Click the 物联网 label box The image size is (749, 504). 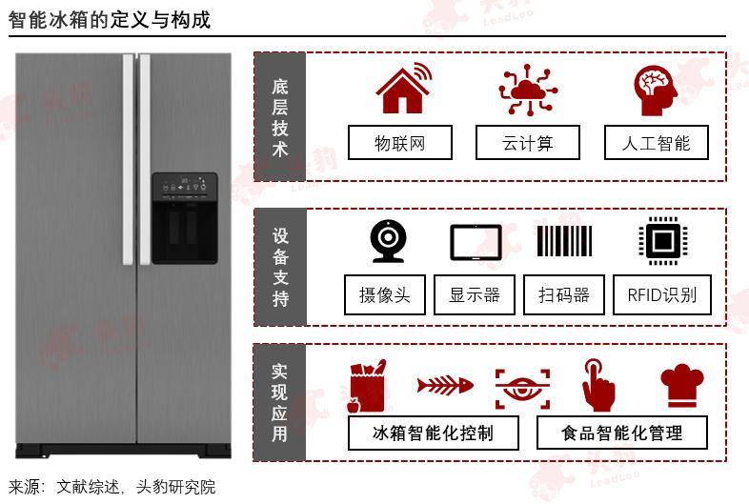coord(399,143)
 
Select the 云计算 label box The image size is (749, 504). coord(528,143)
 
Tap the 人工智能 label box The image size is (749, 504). coord(657,143)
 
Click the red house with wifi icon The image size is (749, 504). coord(401,89)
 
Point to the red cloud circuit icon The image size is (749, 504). coord(528,90)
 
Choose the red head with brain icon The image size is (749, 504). coord(656,90)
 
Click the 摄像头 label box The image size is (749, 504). coord(385,294)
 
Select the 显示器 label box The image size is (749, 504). coord(475,294)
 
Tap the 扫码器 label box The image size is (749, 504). coord(564,294)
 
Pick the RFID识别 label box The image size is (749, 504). coord(662,294)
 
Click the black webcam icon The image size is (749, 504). coord(388,241)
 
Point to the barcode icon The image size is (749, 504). coord(565,241)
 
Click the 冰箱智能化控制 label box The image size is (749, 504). coord(434,433)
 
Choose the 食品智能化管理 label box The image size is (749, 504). coord(622,433)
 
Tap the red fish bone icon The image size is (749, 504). coord(444,386)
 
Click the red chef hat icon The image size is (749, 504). coord(681,386)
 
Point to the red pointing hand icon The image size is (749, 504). coord(597,385)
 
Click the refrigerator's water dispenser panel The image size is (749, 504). coord(184,218)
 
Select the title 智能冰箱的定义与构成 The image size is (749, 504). coord(110,19)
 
